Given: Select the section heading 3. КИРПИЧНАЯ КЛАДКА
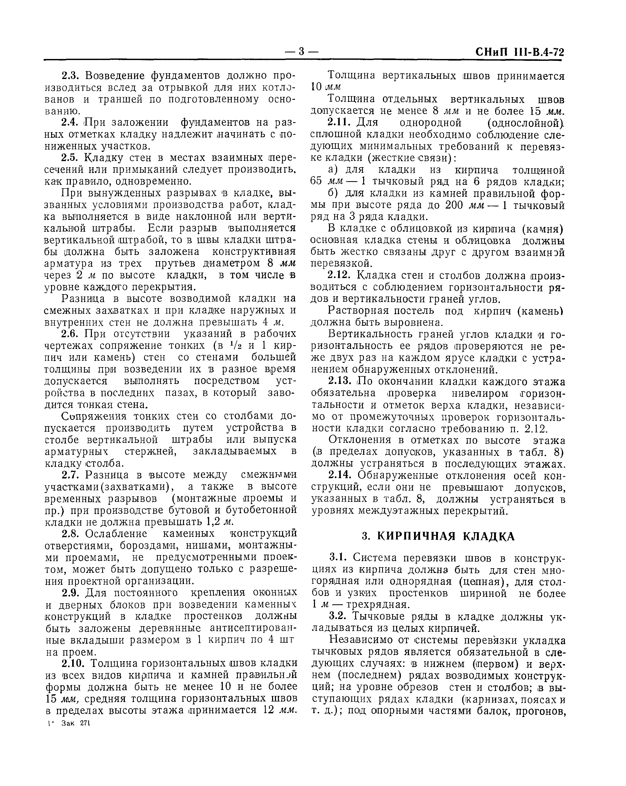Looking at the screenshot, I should coord(438,536).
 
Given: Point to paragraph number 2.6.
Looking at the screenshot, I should coord(71,334).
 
